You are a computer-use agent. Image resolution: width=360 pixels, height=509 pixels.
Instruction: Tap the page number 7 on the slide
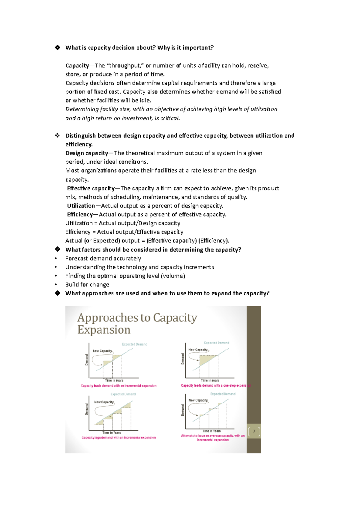[x=254, y=432]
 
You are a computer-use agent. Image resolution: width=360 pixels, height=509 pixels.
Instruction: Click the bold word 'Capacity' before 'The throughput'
[x=77, y=66]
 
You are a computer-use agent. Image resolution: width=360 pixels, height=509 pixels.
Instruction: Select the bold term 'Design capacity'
[x=87, y=153]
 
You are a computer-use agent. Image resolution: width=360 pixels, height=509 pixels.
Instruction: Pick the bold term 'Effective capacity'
[x=91, y=188]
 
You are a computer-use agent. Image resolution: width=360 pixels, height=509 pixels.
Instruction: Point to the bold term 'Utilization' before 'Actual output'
[x=81, y=206]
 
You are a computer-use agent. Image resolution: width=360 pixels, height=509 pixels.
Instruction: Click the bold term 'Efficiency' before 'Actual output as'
[x=80, y=214]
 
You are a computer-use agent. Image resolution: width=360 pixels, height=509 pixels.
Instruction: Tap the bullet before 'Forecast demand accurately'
[x=56, y=259]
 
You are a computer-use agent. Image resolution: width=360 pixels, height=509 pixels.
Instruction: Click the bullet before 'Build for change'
[x=56, y=285]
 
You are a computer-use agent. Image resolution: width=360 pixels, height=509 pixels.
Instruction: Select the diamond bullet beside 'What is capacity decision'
[x=57, y=47]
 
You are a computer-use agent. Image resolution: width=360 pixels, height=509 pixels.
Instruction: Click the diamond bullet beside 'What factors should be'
[x=57, y=249]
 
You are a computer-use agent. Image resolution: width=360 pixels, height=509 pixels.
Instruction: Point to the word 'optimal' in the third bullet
[x=106, y=276]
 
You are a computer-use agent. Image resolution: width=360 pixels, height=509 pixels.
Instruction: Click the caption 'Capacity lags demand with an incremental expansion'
[x=118, y=438]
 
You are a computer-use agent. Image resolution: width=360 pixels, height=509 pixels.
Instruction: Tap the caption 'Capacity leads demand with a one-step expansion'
[x=216, y=385]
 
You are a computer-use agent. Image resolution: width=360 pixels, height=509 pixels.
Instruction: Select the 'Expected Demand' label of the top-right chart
[x=216, y=343]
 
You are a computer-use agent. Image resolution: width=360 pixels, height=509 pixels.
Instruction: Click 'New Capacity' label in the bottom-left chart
[x=104, y=402]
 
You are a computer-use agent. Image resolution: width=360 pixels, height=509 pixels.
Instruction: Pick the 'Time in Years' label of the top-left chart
[x=114, y=380]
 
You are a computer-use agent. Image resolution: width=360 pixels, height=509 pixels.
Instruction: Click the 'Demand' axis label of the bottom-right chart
[x=183, y=410]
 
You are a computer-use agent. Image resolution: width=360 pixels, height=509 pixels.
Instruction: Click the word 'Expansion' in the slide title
[x=104, y=330]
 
